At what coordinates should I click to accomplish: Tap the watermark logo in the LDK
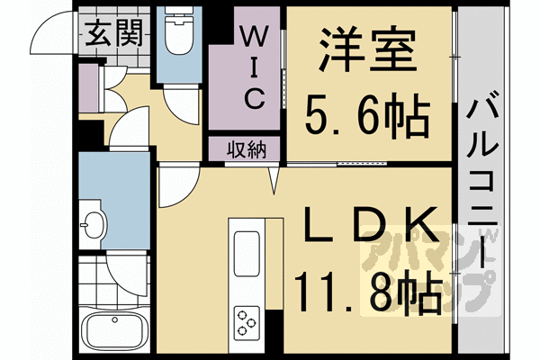pos(433,269)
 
